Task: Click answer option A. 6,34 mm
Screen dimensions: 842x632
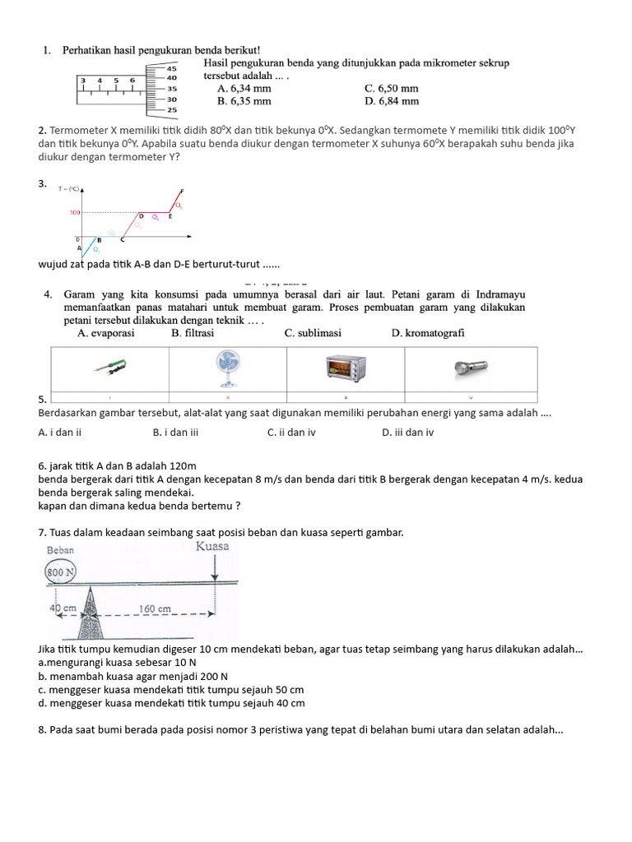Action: (x=244, y=88)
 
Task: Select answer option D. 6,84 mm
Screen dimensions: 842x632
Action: (x=391, y=101)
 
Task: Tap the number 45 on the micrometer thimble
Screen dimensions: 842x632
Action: (x=172, y=68)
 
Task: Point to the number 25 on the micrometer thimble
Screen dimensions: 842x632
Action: (x=172, y=109)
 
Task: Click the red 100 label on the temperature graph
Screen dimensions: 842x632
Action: (x=75, y=212)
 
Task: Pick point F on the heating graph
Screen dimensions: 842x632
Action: (x=182, y=191)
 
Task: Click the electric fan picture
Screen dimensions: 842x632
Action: (x=227, y=368)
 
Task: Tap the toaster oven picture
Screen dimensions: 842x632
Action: (x=346, y=369)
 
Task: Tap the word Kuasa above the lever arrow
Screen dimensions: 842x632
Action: (x=212, y=546)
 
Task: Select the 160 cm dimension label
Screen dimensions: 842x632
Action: (x=155, y=609)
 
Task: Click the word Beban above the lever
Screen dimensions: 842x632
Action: (x=60, y=550)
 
